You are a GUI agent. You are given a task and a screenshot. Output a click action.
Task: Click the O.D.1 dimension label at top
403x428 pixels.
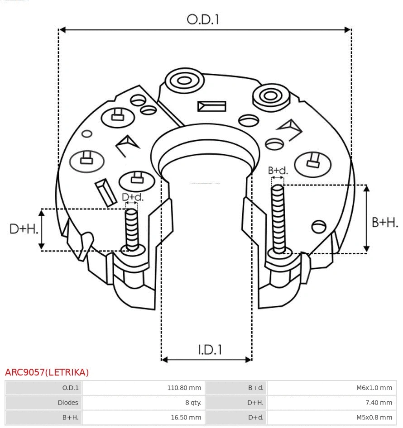point(203,19)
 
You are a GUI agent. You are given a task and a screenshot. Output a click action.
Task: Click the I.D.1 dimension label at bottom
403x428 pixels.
point(209,349)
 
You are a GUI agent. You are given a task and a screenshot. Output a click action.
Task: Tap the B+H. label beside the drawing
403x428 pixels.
point(384,222)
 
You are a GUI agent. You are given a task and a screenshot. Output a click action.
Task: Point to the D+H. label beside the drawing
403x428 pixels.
point(24,229)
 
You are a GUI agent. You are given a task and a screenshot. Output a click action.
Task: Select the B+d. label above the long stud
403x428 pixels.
point(278,171)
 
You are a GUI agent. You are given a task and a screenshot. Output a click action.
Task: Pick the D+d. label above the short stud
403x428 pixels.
point(132,197)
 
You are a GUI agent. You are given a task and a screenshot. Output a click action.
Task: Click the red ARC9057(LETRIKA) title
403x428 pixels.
point(47,372)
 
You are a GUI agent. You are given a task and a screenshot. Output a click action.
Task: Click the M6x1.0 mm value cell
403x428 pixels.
point(331,388)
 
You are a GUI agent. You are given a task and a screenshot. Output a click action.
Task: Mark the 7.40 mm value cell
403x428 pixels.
point(331,402)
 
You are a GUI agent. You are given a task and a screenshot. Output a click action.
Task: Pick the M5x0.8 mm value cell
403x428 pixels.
point(331,417)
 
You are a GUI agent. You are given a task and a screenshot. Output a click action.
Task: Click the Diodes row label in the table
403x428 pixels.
point(43,402)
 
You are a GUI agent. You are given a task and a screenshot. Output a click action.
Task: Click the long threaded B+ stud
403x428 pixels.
point(278,219)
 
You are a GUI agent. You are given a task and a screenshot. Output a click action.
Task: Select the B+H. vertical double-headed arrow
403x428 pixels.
point(367,219)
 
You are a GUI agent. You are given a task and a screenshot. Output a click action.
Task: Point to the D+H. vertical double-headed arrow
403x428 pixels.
point(42,229)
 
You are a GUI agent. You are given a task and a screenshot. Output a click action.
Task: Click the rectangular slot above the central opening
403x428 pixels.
point(211,106)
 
